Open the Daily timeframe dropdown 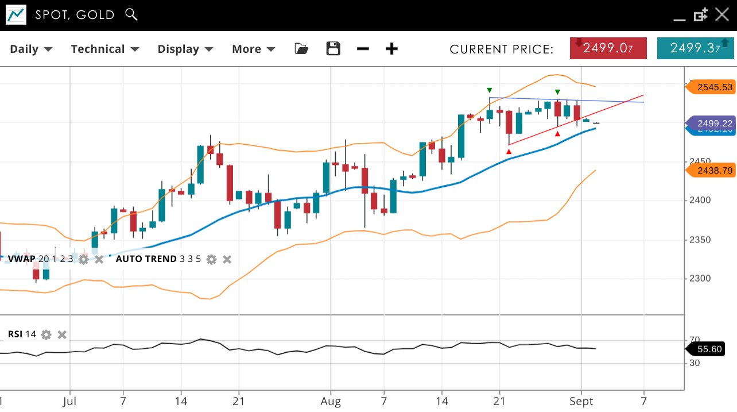31,49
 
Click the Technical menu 105,49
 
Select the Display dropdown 185,49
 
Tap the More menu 253,49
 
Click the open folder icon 301,49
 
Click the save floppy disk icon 333,49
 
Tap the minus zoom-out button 363,49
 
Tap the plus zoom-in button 391,49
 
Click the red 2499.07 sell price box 608,48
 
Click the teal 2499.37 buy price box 695,48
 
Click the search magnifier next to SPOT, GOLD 131,14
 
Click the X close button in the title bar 722,14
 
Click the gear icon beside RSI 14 46,334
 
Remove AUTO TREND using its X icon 227,259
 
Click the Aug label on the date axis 331,401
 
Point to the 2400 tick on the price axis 700,201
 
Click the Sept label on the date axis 581,401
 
